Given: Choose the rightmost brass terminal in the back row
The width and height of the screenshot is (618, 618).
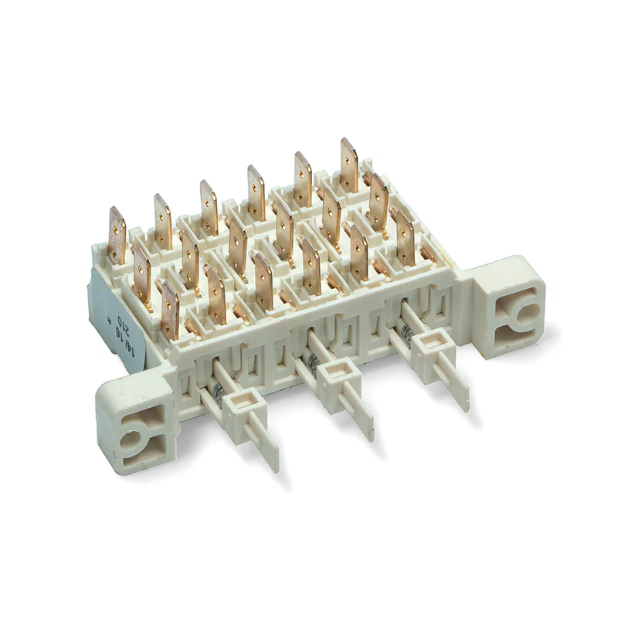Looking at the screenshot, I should pos(349,161).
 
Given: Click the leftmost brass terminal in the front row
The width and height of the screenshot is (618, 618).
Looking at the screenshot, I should pos(170,308).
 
